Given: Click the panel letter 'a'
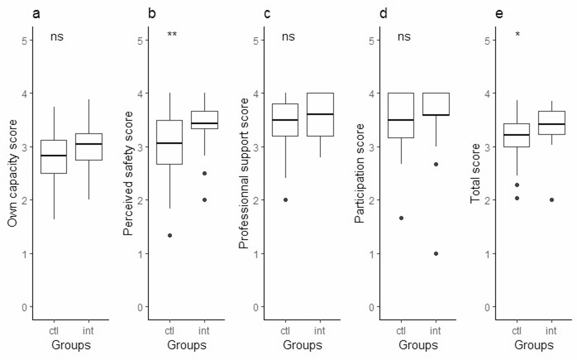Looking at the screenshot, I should point(36,14).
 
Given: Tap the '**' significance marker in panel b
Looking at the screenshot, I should point(172,34).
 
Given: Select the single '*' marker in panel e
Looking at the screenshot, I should point(518,34).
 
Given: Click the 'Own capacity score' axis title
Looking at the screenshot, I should point(13,173).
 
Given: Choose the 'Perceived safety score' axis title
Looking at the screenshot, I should point(128,173).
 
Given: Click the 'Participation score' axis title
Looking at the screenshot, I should point(359,173).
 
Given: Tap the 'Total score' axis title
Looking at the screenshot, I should point(475,173).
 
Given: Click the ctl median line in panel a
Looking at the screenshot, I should point(54,155).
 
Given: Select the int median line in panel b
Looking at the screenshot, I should point(204,123).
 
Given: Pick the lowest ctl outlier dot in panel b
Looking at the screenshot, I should point(170,236).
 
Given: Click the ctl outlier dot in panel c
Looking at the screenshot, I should point(285,200).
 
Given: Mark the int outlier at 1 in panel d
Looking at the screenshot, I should point(436,254).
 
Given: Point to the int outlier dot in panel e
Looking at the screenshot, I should point(552,200).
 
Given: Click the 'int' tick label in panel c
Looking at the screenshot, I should point(319,331).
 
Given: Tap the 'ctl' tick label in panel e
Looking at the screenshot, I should point(516,331).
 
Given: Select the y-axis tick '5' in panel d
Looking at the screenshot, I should point(372,40).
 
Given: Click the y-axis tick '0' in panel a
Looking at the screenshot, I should point(24,307).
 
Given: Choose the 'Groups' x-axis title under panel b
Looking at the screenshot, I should point(186,345).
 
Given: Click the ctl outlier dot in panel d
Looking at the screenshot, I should point(401,218).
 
